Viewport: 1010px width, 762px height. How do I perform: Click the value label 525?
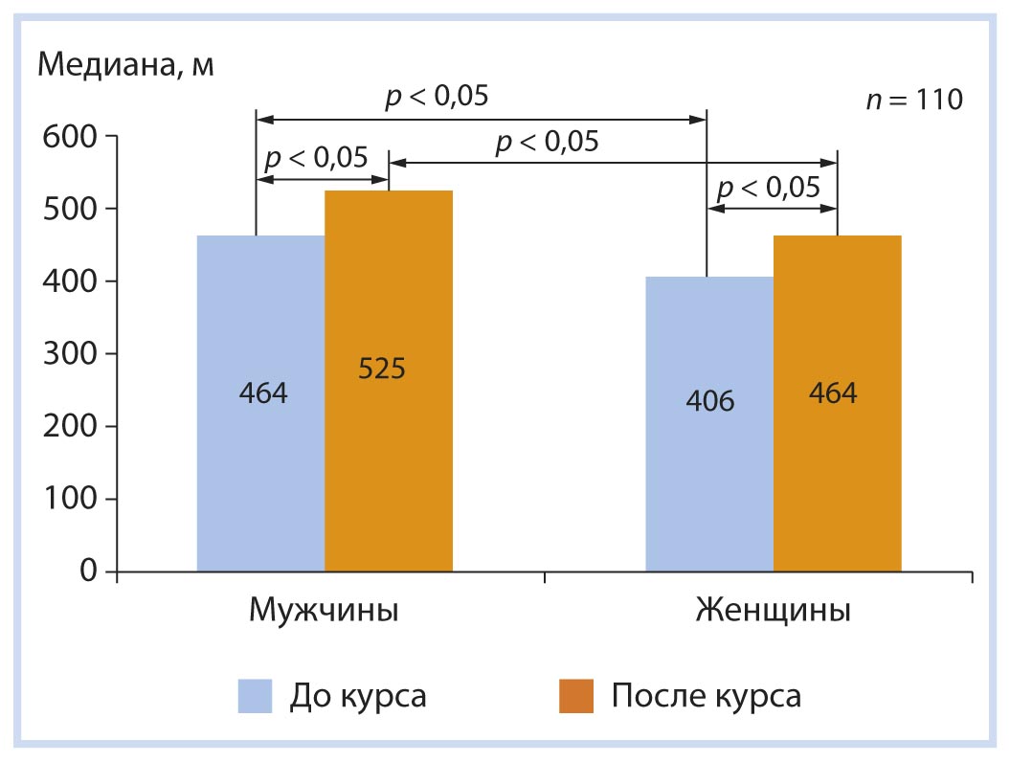tap(382, 369)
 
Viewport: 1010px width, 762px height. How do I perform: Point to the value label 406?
tap(709, 400)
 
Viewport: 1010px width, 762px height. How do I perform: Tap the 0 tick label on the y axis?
tap(89, 571)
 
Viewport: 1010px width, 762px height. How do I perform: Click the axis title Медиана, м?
tap(125, 66)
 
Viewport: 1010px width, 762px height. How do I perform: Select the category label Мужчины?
tap(324, 611)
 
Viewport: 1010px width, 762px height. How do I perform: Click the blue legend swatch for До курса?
tap(256, 696)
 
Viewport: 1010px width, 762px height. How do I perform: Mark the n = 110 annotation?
tap(913, 101)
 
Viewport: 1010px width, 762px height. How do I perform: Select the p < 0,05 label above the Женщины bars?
tap(770, 187)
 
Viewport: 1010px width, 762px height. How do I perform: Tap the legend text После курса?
tap(706, 696)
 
